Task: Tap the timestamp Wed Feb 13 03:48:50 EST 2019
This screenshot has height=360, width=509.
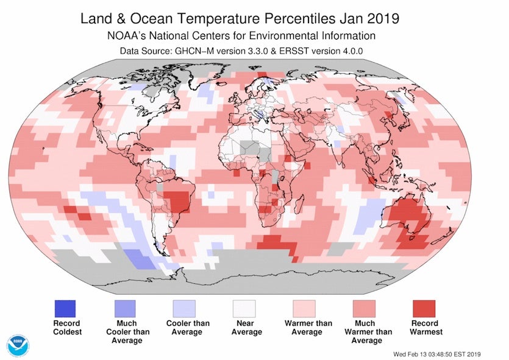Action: [445, 353]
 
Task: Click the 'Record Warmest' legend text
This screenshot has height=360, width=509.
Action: [427, 328]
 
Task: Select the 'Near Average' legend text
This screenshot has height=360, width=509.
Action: [246, 328]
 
